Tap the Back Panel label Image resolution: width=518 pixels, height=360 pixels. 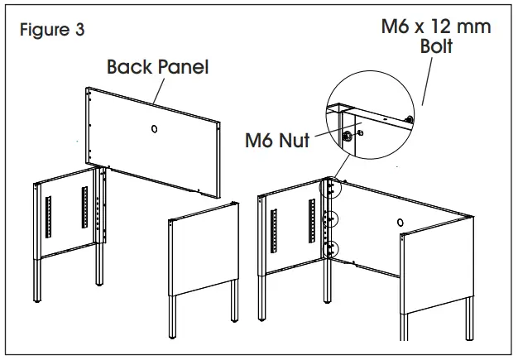[x=157, y=66]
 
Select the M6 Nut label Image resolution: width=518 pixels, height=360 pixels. [x=277, y=140]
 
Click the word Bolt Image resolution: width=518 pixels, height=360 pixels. [x=436, y=46]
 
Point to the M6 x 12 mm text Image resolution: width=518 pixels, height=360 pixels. [x=435, y=26]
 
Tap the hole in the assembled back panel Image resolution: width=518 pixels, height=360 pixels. [x=400, y=223]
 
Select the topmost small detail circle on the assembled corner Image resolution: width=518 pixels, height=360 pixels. [x=333, y=188]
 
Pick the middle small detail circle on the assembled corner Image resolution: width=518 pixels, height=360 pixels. [x=333, y=219]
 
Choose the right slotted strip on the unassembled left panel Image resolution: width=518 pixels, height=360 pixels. [x=84, y=207]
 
